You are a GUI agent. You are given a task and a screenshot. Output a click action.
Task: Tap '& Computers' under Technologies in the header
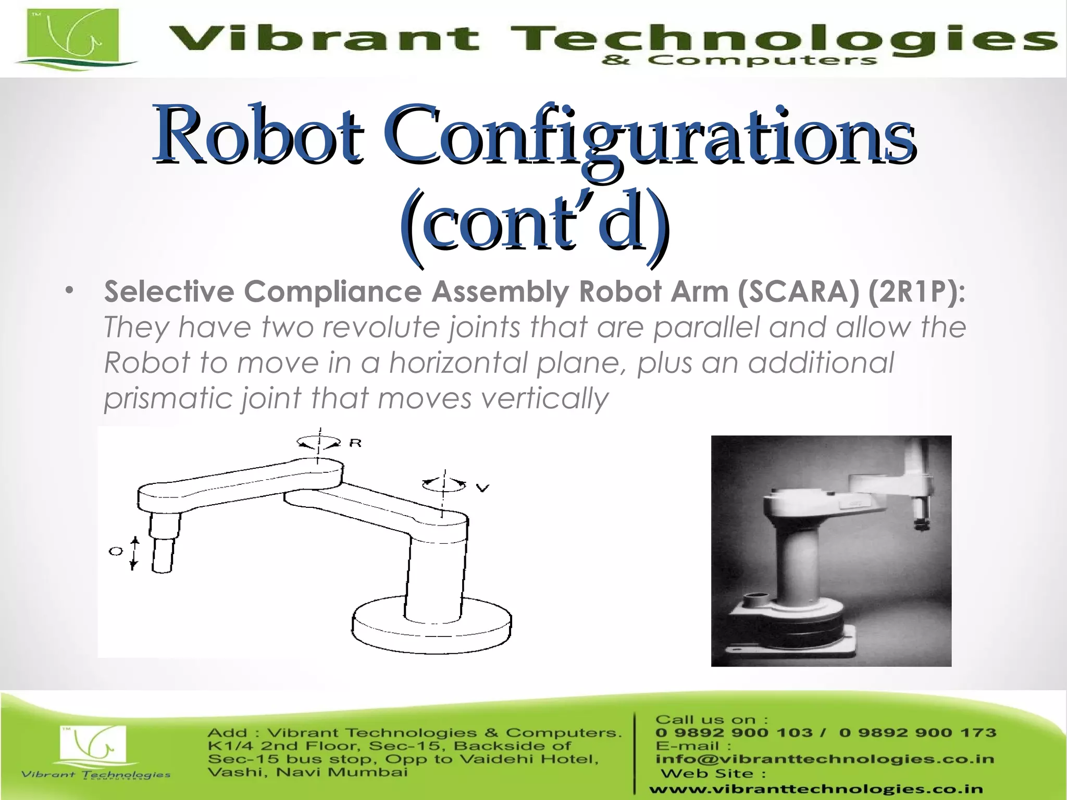pos(739,61)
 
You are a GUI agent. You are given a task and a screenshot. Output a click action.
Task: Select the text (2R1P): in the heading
pos(916,291)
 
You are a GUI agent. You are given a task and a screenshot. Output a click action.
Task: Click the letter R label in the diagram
pos(355,443)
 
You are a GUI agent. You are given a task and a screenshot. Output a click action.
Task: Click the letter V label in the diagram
pos(483,488)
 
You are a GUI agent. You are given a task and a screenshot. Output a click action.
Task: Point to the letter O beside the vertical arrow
pos(115,551)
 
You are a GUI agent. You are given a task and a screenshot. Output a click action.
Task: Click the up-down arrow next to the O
pos(134,553)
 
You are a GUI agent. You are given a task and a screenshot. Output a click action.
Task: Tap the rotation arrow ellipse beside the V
pos(443,485)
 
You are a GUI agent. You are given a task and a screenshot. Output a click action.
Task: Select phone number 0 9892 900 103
pos(734,733)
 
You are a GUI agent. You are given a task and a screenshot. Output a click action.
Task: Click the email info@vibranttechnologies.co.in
pos(824,759)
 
